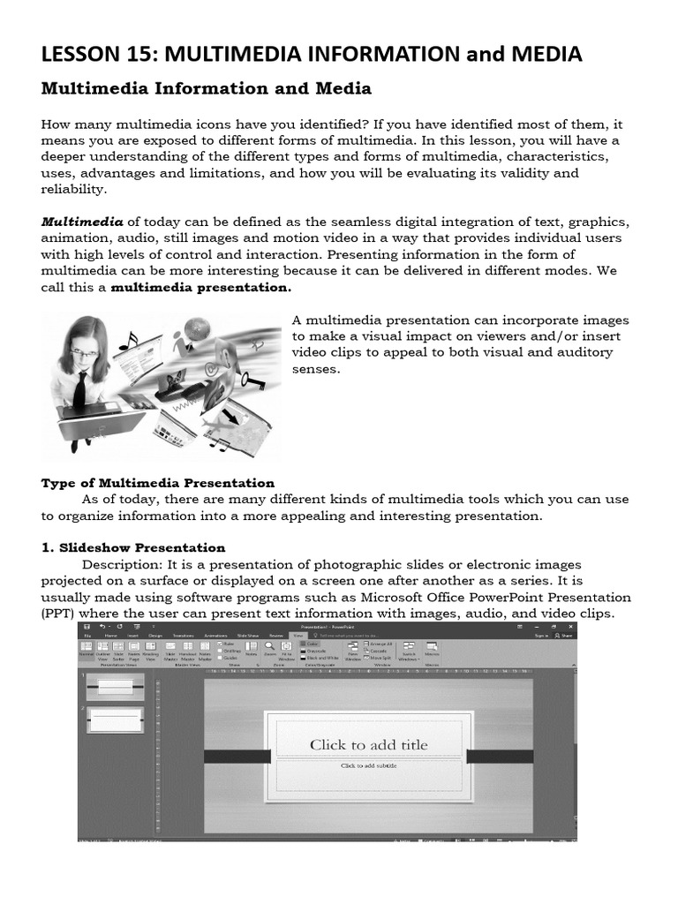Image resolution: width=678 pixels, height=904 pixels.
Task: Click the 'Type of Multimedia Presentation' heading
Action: (158, 483)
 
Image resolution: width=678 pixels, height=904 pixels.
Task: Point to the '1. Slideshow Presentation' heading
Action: (133, 547)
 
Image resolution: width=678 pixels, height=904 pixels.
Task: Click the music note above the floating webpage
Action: (132, 341)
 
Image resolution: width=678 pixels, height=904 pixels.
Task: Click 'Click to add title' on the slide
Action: (368, 744)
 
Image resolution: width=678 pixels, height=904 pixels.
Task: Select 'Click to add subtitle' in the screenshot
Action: (368, 765)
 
